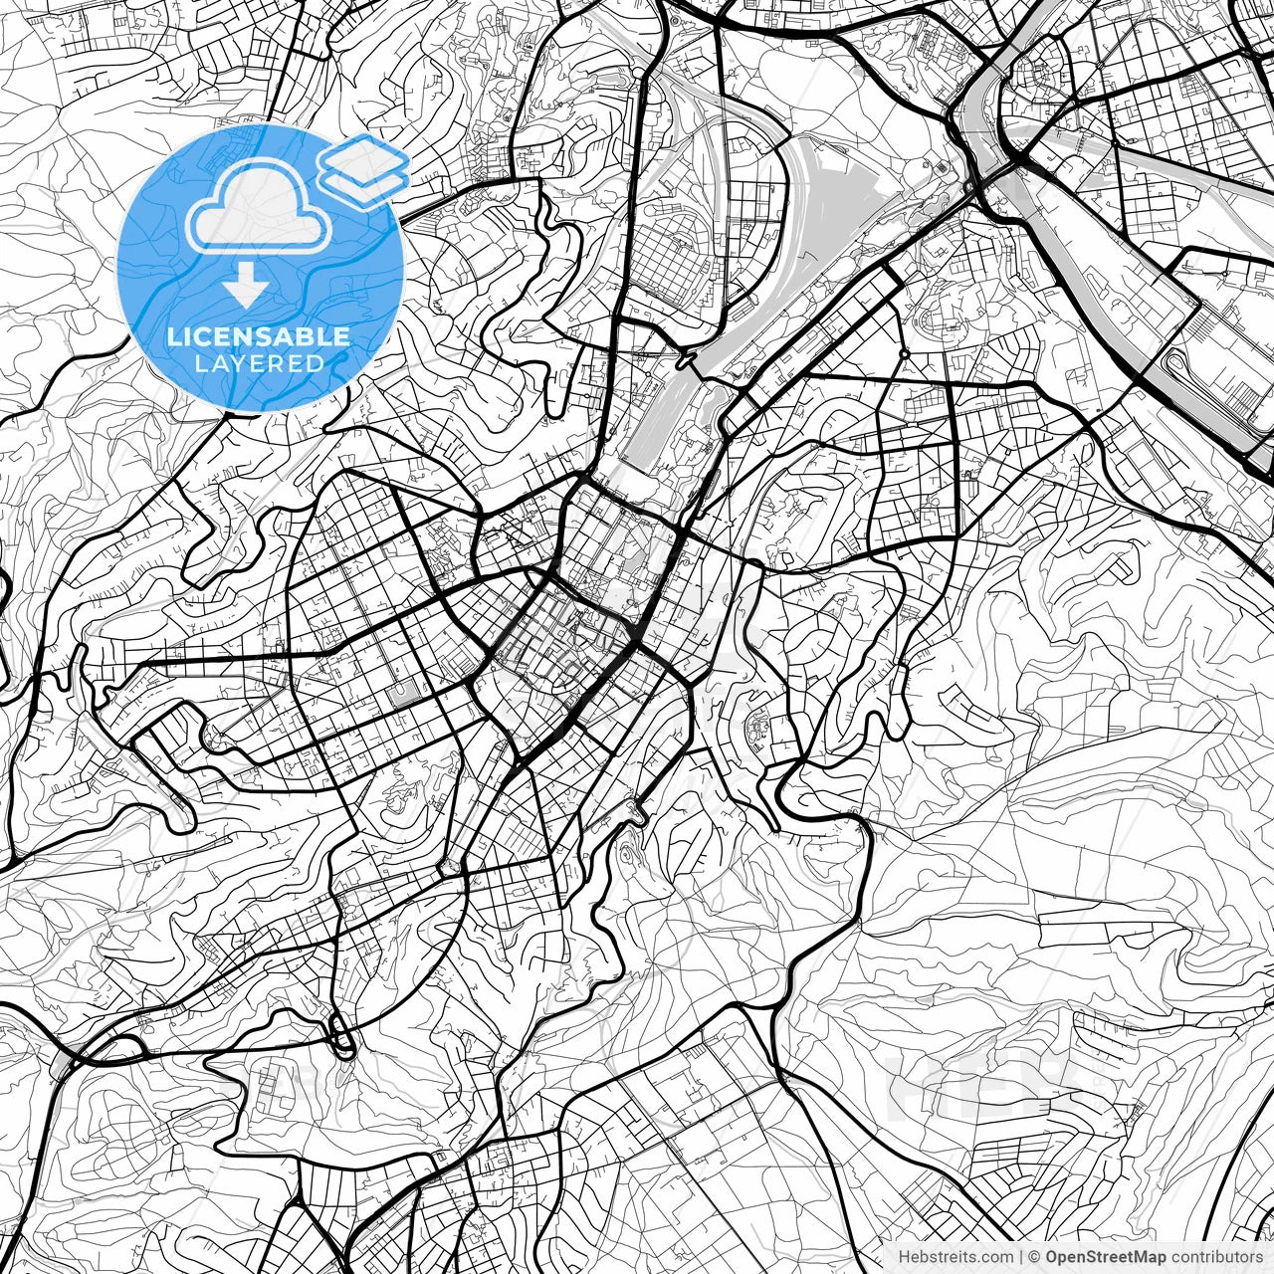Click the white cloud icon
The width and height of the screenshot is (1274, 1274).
[x=260, y=210]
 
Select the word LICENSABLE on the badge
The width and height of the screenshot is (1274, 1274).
[x=259, y=336]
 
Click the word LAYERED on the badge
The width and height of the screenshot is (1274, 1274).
[x=260, y=363]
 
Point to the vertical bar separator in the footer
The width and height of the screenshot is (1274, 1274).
[x=1021, y=1256]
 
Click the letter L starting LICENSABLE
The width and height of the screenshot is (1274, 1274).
[x=173, y=336]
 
